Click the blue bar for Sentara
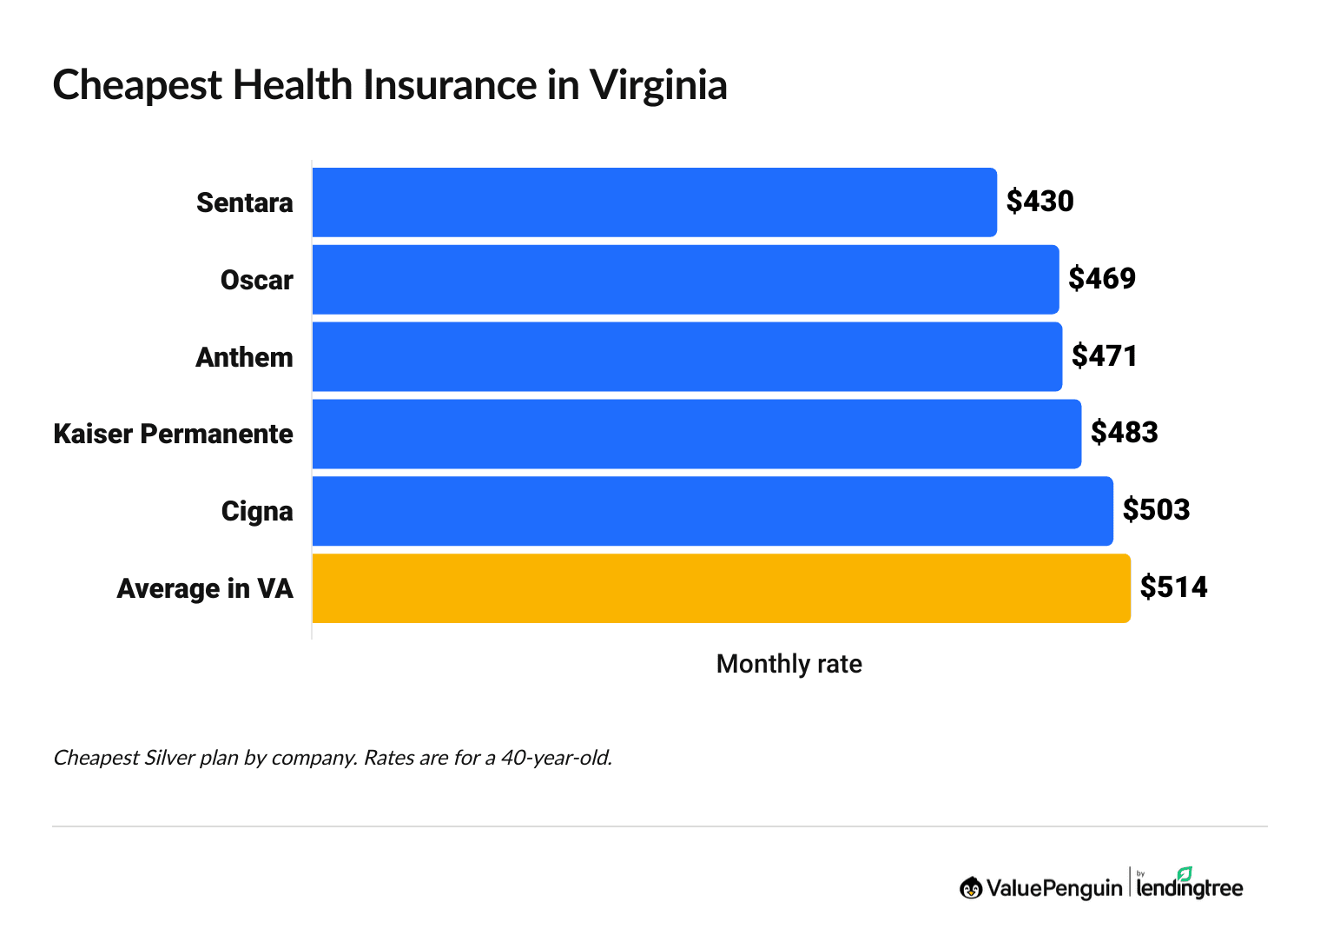[x=654, y=202]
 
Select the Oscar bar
[x=685, y=280]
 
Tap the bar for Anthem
[x=687, y=357]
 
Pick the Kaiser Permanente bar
[x=696, y=434]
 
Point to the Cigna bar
[x=712, y=511]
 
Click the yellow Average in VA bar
[x=721, y=588]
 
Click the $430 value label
[x=1039, y=202]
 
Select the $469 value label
[x=1102, y=279]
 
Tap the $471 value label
[x=1104, y=356]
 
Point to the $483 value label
[x=1124, y=433]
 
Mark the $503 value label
[x=1156, y=510]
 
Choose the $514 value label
[x=1173, y=587]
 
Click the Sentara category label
[x=244, y=203]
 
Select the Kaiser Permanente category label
[x=173, y=434]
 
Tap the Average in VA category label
[x=205, y=589]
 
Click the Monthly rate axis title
[x=789, y=664]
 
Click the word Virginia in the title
[x=657, y=86]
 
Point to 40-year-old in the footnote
[x=556, y=758]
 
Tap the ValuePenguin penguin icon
[x=970, y=887]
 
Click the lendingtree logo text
[x=1189, y=887]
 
